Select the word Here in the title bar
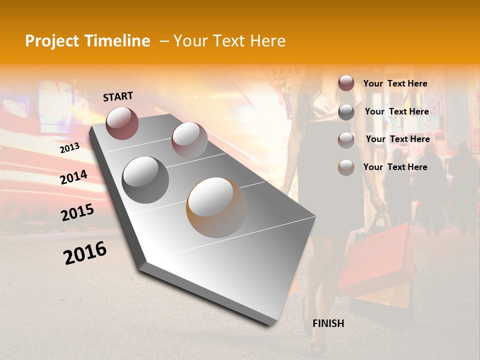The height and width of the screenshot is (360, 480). (x=267, y=41)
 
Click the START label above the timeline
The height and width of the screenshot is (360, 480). (x=118, y=96)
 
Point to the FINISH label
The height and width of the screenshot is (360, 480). (x=328, y=323)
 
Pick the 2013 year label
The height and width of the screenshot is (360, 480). (x=69, y=148)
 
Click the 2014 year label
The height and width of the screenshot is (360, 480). (x=73, y=177)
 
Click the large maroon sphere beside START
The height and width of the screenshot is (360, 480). (x=122, y=123)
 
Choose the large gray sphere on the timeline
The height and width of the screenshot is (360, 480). (x=145, y=179)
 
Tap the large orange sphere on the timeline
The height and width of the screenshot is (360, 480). (x=216, y=207)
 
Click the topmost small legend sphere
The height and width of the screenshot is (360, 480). (x=346, y=83)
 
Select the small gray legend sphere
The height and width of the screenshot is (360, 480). (x=346, y=112)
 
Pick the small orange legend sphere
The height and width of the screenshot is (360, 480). (x=346, y=167)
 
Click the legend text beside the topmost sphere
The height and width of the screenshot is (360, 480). (x=395, y=83)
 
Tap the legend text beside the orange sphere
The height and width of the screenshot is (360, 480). (x=395, y=167)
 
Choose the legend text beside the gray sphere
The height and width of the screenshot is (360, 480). (x=396, y=111)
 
